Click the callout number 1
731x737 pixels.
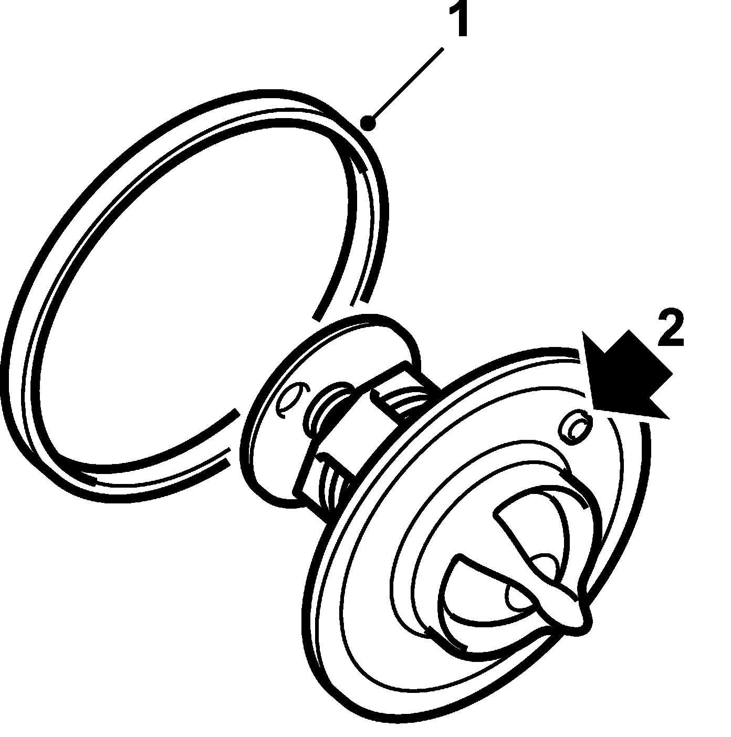tap(461, 19)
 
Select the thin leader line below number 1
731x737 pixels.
tap(407, 86)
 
